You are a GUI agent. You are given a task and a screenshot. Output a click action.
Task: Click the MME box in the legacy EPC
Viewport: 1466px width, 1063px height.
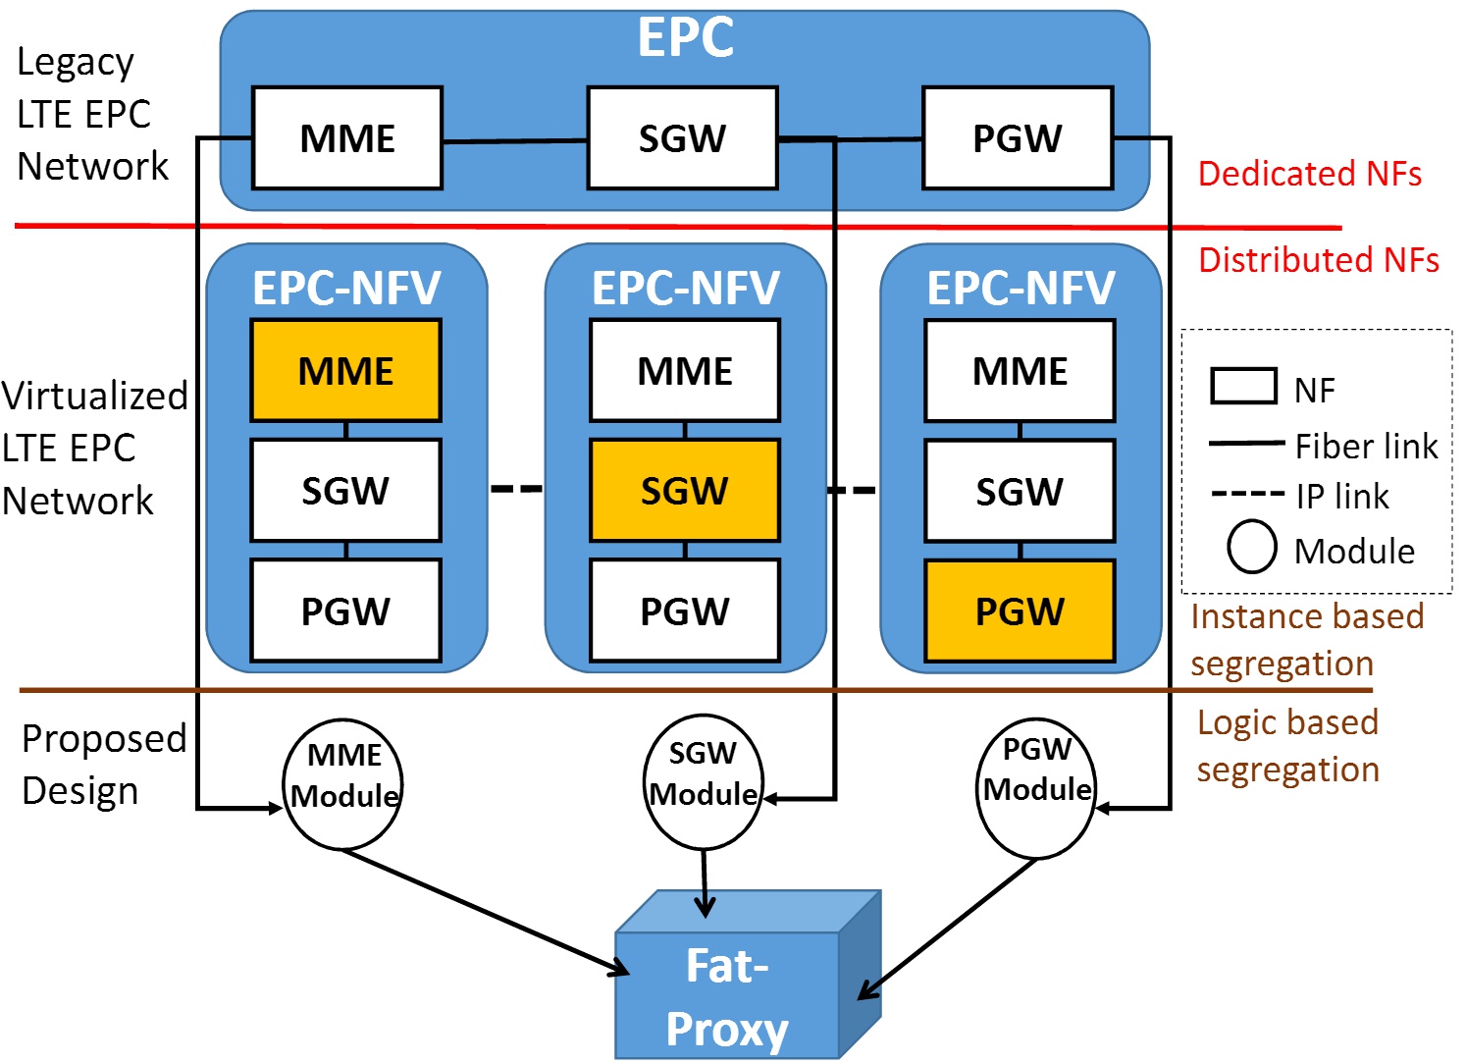coord(347,138)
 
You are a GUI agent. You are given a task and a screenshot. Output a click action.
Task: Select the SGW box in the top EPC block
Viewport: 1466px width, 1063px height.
coord(682,138)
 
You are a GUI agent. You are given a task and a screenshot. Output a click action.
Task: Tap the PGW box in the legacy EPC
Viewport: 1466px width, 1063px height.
coord(1018,138)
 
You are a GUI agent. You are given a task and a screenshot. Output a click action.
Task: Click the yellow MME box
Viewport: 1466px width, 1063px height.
coord(345,371)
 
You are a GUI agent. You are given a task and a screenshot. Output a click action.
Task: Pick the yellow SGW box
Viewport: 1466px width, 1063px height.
coord(684,491)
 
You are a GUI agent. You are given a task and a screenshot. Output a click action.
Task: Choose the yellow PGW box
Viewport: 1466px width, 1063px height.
coord(1020,611)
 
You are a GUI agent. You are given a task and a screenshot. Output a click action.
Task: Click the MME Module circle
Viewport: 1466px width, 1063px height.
coord(343,783)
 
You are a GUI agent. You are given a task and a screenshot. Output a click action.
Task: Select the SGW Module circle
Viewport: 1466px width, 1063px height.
coord(703,781)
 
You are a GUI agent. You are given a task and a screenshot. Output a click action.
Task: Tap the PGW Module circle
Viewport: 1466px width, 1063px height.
coord(1036,787)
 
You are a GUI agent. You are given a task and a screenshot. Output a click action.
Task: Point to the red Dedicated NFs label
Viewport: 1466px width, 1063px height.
coord(1309,174)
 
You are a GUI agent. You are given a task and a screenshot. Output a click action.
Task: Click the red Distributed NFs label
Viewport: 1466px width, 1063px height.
coord(1318,260)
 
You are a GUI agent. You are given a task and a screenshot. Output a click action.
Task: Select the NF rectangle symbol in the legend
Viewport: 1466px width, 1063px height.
coord(1243,387)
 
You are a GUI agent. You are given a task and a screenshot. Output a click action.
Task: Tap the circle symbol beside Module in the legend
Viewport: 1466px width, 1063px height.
coord(1252,548)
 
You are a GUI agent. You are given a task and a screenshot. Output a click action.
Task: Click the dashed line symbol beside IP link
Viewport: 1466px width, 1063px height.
coord(1247,494)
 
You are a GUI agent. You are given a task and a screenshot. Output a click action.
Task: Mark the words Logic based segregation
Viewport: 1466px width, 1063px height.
coord(1287,746)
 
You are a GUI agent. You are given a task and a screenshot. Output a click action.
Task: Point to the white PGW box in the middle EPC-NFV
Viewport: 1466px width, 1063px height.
coord(684,611)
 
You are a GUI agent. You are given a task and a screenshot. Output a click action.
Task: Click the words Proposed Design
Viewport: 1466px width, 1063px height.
coord(103,765)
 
